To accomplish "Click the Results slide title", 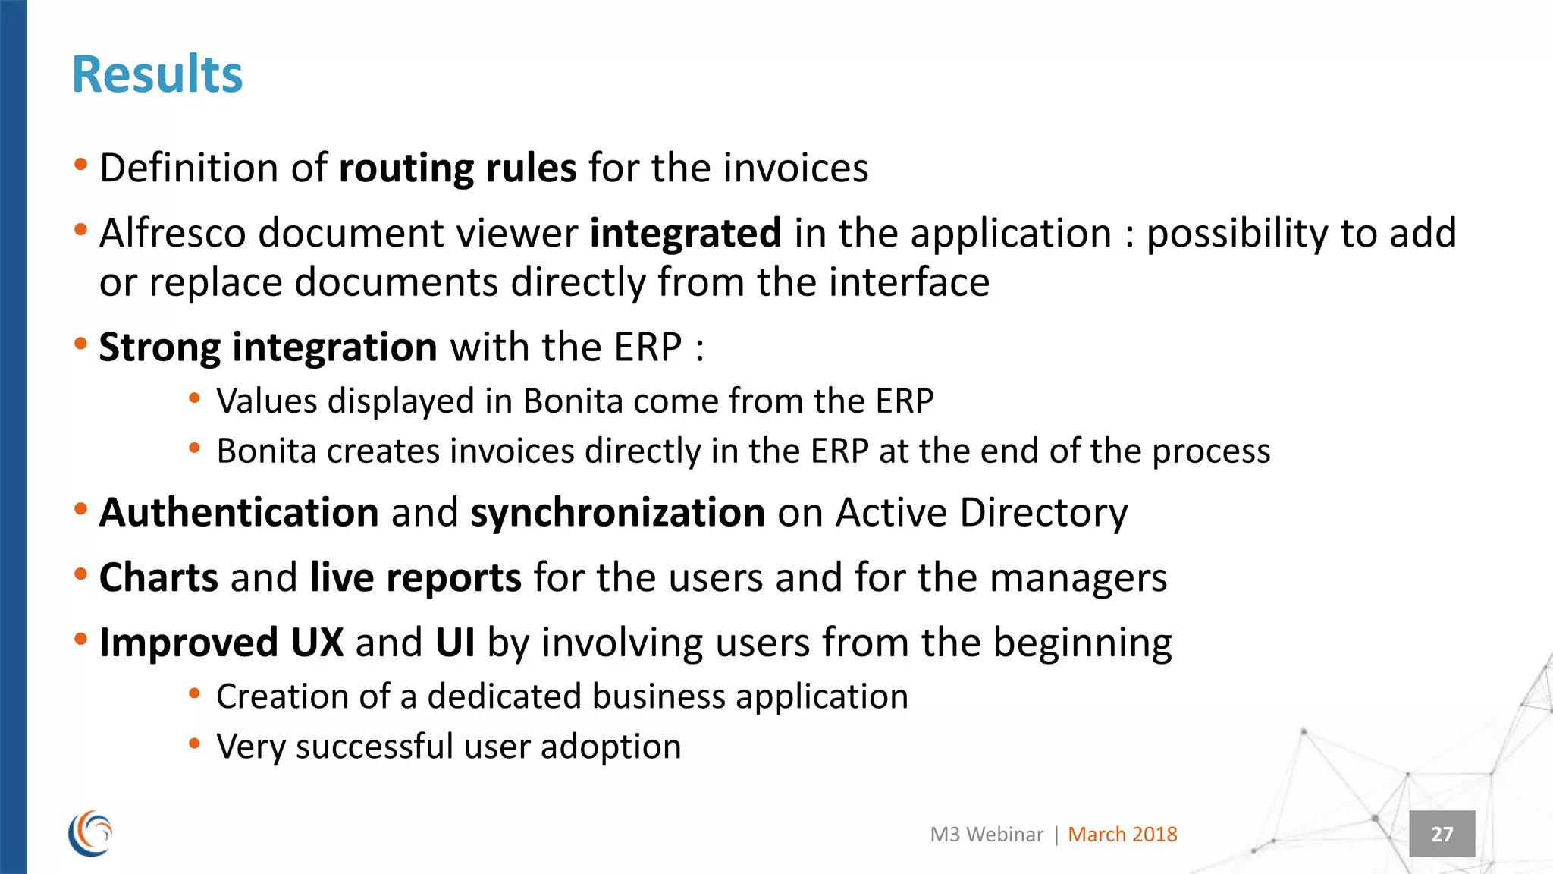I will click(x=157, y=75).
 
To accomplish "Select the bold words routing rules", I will click(x=457, y=168).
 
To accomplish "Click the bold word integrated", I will click(x=686, y=233).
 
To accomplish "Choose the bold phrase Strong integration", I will click(x=268, y=347).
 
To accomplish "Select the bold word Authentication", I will click(x=239, y=512).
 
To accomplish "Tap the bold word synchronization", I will click(x=617, y=512).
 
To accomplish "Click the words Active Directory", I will click(x=981, y=512).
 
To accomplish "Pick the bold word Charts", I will click(x=158, y=577).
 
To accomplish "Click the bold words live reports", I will click(x=415, y=577).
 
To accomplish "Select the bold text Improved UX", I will click(x=221, y=643).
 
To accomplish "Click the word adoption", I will click(x=610, y=747).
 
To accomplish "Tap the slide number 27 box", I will click(x=1442, y=834).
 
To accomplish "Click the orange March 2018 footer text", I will click(x=1122, y=835).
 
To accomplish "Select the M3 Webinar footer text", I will click(x=986, y=835).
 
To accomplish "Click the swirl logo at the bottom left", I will click(x=90, y=834).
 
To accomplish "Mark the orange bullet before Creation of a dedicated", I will click(x=195, y=693).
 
